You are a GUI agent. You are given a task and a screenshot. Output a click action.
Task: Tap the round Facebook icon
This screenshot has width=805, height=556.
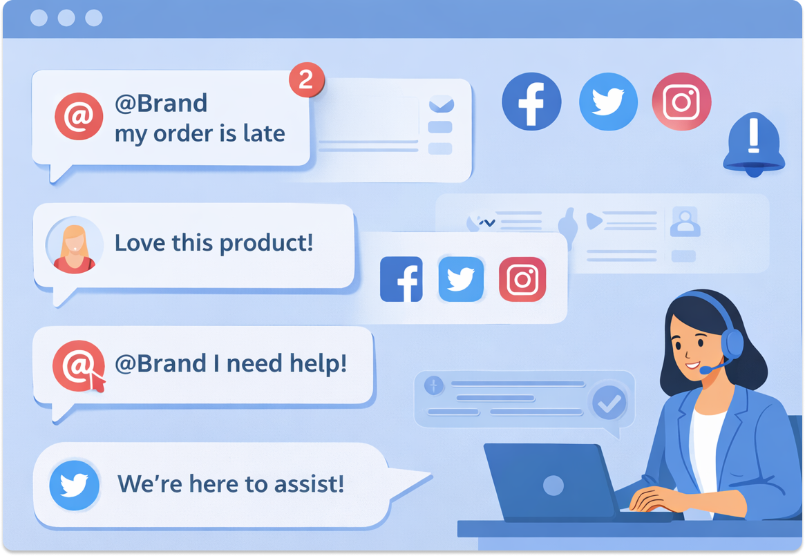(531, 102)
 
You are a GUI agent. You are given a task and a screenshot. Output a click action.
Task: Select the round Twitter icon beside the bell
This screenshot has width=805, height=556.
(608, 102)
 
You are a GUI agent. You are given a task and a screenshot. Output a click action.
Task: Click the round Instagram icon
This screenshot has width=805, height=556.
(681, 102)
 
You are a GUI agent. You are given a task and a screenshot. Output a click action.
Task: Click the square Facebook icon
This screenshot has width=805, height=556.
(401, 279)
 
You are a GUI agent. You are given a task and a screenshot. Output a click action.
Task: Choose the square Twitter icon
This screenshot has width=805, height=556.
(461, 279)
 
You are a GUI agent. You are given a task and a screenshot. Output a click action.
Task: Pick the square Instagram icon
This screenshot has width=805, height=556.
(522, 279)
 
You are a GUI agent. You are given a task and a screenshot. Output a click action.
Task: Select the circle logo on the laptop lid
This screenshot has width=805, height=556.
(553, 486)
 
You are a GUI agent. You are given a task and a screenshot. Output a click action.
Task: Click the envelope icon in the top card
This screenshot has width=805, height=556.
(441, 105)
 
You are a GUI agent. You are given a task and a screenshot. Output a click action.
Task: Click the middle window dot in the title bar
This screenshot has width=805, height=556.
(66, 18)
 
